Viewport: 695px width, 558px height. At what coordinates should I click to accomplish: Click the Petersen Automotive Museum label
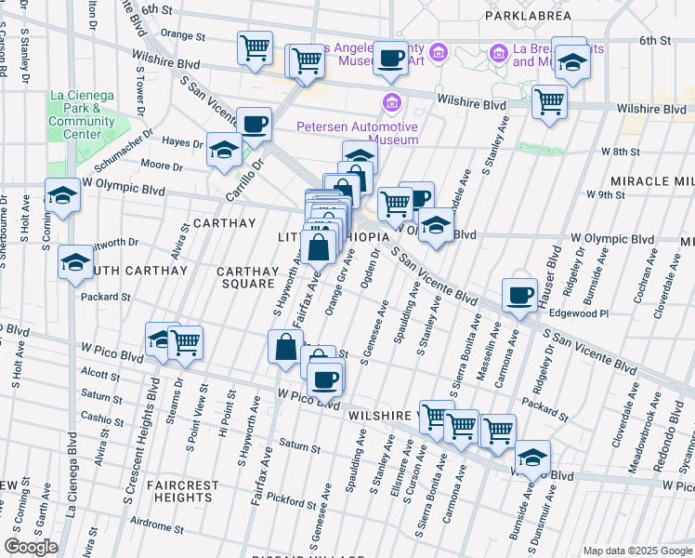(357, 133)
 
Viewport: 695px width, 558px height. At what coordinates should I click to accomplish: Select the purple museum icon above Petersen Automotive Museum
(391, 101)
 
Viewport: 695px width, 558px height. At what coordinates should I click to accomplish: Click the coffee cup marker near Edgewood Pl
(518, 296)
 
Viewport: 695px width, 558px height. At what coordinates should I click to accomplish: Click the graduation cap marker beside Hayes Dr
(224, 150)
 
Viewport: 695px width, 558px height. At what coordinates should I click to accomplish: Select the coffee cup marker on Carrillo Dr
(253, 124)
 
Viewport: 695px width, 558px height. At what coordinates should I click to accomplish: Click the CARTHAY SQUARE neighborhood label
(247, 277)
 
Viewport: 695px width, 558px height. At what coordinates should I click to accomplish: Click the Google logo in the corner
(32, 547)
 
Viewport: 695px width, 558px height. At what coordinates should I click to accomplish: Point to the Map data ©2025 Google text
(637, 551)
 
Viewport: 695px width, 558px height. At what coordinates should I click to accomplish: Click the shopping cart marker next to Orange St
(255, 48)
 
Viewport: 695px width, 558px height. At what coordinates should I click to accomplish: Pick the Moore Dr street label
(162, 166)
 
